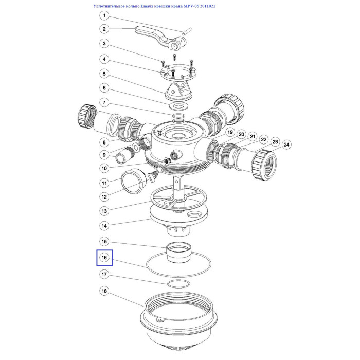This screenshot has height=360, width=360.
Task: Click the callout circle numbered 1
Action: [104, 15]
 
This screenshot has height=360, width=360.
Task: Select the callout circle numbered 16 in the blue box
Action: [104, 258]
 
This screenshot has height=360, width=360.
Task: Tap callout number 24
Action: [286, 145]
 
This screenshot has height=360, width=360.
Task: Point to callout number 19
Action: [230, 132]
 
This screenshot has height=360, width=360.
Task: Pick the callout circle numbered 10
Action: [104, 168]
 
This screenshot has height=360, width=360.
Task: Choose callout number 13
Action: [104, 211]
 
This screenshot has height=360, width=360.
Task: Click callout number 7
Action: [104, 102]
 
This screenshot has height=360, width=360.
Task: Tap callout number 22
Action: [264, 139]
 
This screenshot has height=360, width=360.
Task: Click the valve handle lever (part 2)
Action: [158, 37]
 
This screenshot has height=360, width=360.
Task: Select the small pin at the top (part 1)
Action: [187, 31]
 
